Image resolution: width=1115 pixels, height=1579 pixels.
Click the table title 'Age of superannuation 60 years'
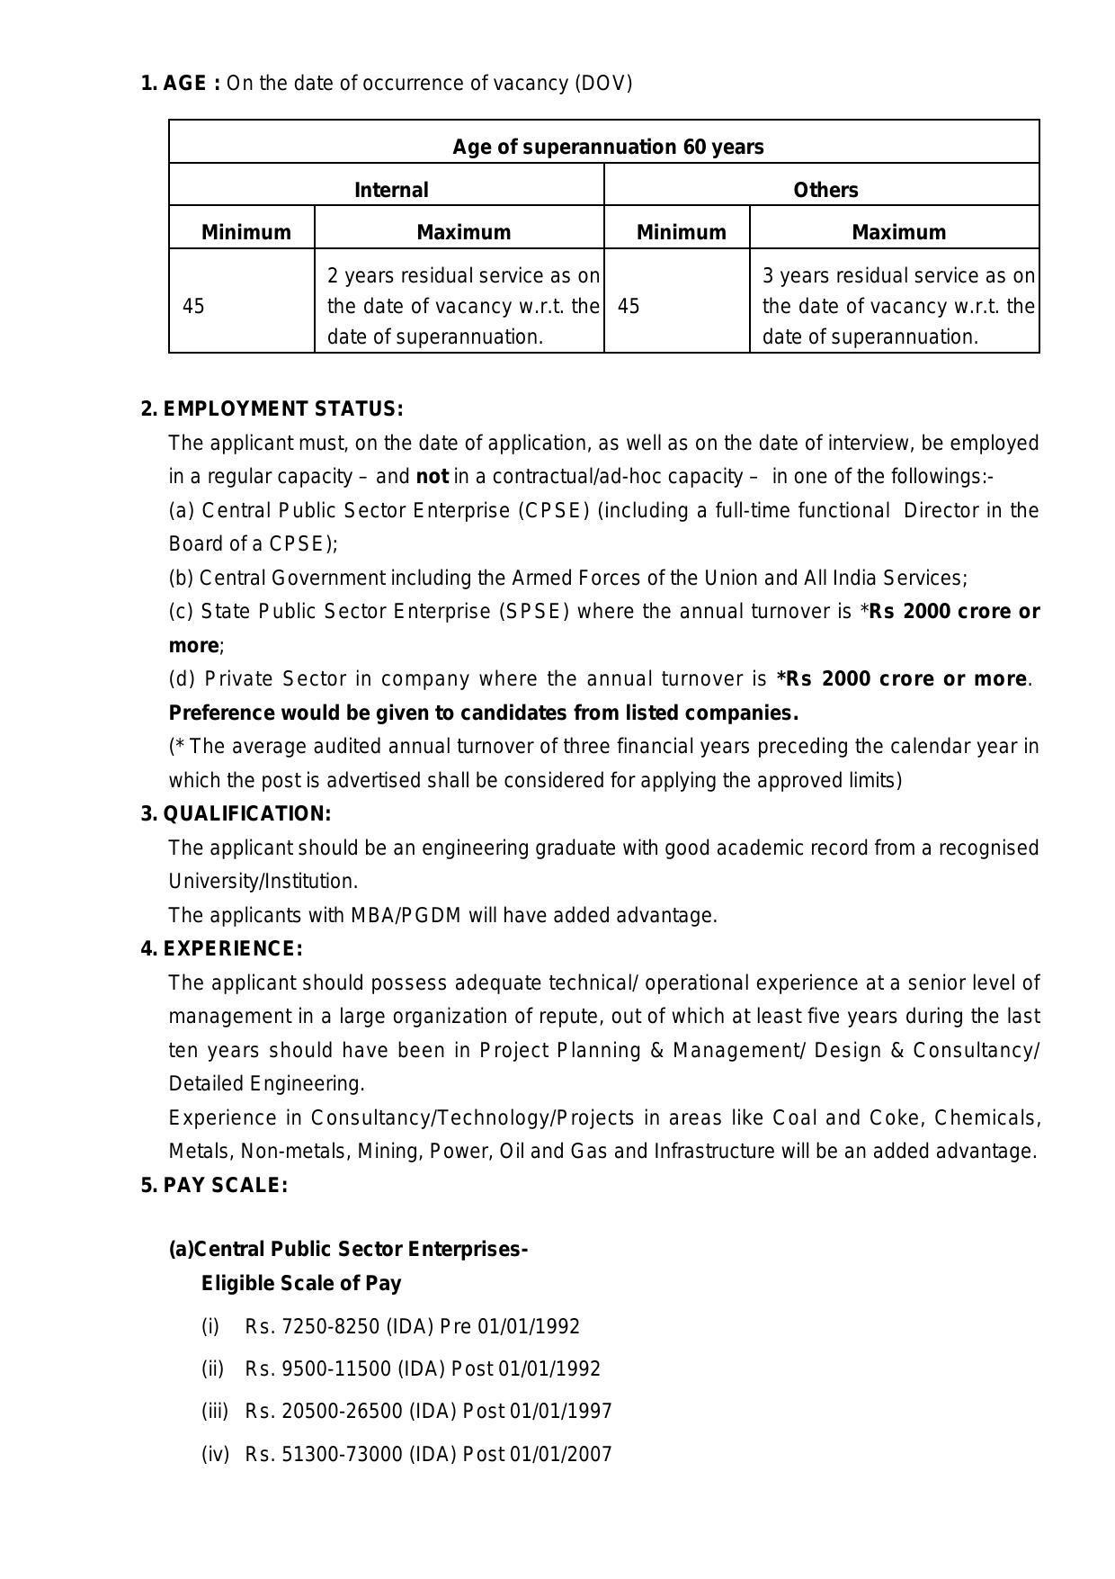tap(608, 147)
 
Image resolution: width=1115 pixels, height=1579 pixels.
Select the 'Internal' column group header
tap(391, 190)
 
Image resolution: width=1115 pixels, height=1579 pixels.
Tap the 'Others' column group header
tap(825, 190)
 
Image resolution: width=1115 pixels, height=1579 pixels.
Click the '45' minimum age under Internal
tap(193, 307)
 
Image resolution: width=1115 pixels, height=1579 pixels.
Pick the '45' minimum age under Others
tap(629, 307)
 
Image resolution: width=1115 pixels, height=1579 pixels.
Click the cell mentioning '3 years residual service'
tap(897, 306)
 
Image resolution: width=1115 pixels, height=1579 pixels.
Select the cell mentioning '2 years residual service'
tap(462, 306)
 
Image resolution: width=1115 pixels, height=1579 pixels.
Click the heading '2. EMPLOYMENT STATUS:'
tap(272, 409)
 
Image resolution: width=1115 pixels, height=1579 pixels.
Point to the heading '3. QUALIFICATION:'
tap(236, 814)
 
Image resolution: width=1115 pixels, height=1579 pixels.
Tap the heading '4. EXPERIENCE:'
tap(222, 949)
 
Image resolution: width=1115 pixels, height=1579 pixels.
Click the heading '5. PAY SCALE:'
tap(215, 1186)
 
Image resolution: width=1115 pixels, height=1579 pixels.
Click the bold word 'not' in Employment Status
tap(433, 477)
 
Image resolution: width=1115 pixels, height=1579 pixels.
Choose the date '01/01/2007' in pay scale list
tap(560, 1455)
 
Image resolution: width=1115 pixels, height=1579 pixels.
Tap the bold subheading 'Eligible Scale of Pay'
tap(301, 1284)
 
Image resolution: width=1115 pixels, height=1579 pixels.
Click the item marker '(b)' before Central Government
tap(181, 579)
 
